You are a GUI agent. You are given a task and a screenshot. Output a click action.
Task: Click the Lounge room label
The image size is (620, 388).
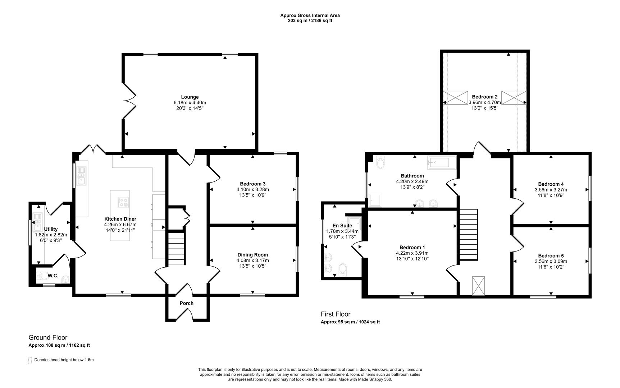[190, 97]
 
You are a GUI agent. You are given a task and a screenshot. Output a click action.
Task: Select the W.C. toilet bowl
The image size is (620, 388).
[44, 276]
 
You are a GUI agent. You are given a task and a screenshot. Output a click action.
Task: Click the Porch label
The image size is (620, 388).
[186, 303]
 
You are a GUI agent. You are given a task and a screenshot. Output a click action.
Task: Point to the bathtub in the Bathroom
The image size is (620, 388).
[441, 163]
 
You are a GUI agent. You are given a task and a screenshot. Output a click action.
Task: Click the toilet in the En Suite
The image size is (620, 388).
[343, 269]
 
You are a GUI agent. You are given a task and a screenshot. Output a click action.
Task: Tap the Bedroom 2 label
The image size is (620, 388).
[484, 97]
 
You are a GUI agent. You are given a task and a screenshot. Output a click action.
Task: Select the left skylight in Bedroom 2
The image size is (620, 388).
[455, 98]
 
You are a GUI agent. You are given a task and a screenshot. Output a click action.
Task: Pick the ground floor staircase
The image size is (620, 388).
[176, 249]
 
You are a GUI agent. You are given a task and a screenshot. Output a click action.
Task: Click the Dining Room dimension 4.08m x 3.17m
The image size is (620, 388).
[252, 260]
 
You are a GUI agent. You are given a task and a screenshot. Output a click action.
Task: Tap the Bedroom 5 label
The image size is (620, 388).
[551, 256]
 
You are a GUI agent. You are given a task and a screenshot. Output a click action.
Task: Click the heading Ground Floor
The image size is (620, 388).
[48, 337]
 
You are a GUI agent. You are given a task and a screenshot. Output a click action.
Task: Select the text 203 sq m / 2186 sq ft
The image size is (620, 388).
[310, 20]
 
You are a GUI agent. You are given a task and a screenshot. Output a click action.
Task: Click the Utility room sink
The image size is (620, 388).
[37, 222]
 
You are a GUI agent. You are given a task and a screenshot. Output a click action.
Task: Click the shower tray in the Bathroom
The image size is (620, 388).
[375, 200]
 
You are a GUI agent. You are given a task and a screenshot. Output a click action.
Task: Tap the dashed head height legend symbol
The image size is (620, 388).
[30, 361]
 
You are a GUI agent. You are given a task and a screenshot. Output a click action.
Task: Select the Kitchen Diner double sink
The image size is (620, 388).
[82, 175]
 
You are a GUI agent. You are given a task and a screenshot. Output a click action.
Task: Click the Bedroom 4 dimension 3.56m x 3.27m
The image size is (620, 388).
[551, 190]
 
